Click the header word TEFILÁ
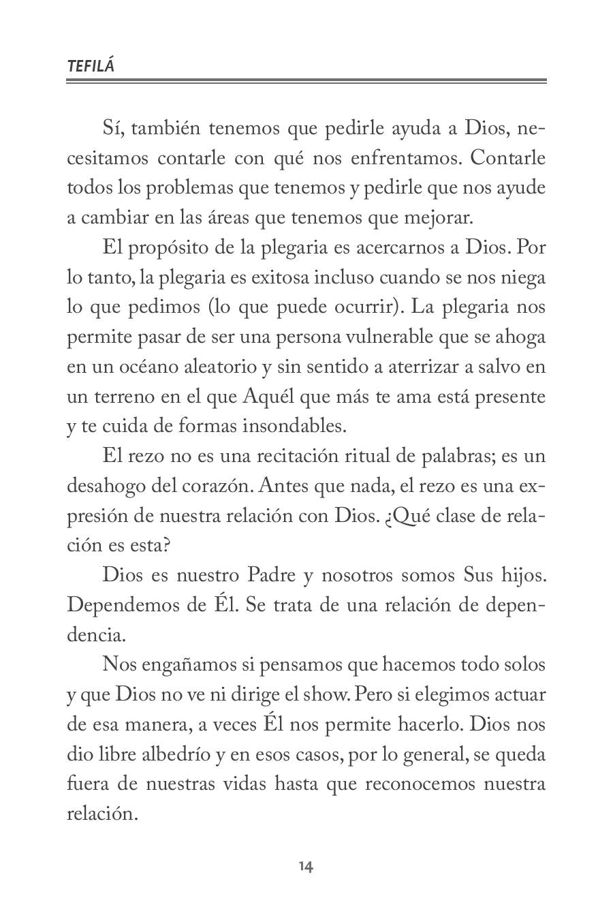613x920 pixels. (x=91, y=66)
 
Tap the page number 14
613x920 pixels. (x=306, y=867)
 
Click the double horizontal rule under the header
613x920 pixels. (x=306, y=82)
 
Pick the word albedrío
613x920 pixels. (x=187, y=754)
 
